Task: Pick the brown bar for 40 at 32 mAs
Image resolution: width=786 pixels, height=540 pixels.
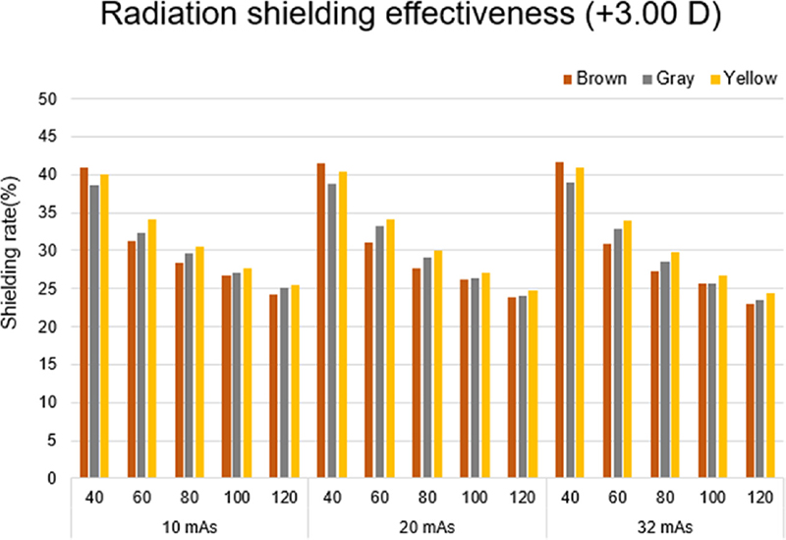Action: click(x=560, y=320)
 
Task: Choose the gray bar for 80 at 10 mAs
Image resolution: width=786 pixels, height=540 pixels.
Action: click(x=189, y=365)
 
